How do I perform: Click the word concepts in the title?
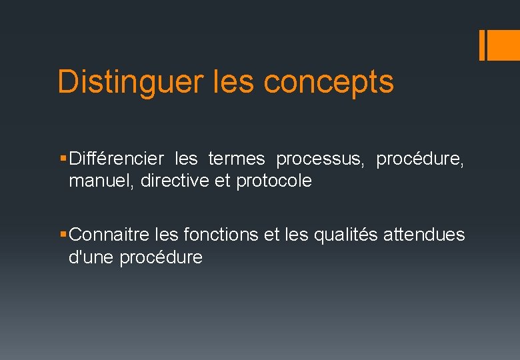click(x=329, y=82)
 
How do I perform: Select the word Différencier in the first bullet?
click(x=116, y=159)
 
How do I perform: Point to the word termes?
click(x=237, y=159)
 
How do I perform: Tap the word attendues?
click(x=424, y=235)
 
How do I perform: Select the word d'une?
click(x=91, y=257)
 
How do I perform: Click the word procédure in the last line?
click(x=161, y=257)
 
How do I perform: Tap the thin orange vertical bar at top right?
click(x=482, y=45)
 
